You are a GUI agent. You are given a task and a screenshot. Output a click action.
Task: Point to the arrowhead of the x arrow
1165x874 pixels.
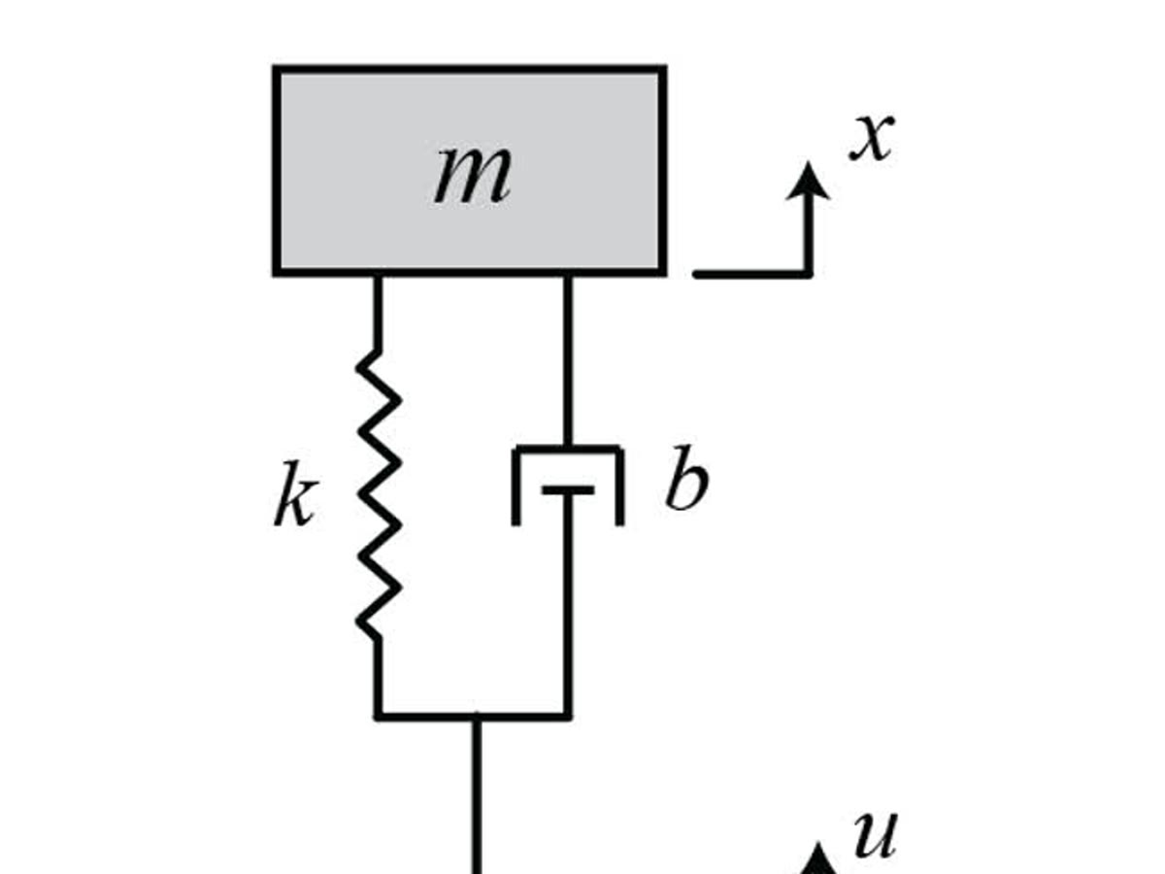[x=808, y=181]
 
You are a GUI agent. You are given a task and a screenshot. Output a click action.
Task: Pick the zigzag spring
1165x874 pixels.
[x=379, y=495]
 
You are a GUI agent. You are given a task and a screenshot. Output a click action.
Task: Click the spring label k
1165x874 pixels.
[x=293, y=502]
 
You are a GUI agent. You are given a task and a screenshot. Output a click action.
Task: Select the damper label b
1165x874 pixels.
[x=685, y=482]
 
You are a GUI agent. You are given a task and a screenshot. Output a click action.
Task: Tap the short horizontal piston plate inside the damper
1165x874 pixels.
[x=568, y=490]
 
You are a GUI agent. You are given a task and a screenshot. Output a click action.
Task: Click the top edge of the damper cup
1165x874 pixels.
[x=568, y=448]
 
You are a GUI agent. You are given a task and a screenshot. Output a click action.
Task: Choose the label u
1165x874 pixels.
[x=874, y=835]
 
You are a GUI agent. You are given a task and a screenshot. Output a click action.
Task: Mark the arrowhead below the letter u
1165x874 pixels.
[x=820, y=862]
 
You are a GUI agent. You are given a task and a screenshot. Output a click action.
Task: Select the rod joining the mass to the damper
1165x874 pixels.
[x=568, y=359]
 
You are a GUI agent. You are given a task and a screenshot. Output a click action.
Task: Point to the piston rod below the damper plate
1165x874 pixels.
[x=568, y=602]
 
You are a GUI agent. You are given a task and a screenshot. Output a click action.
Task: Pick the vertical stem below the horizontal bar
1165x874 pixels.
[x=477, y=796]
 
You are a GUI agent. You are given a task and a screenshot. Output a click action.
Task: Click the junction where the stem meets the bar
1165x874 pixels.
[x=477, y=717]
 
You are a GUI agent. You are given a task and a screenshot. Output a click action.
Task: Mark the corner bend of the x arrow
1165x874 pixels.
[x=808, y=273]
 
